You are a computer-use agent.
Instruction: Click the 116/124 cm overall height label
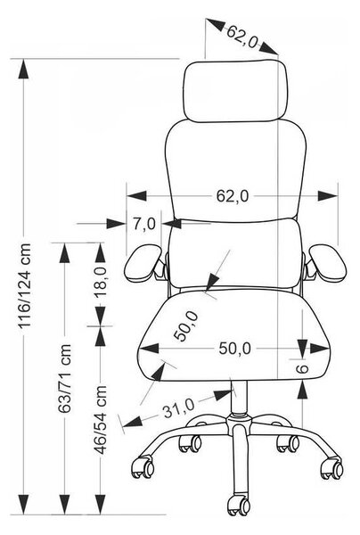[25, 285]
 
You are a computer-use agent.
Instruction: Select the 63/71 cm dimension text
[64, 378]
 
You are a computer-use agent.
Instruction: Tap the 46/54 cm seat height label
[100, 419]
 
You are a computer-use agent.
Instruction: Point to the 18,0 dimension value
[101, 283]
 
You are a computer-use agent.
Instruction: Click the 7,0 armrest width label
[144, 224]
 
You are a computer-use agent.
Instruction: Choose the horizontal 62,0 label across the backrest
[233, 196]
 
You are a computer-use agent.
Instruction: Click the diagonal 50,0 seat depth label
[186, 326]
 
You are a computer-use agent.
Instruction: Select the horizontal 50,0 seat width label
[235, 349]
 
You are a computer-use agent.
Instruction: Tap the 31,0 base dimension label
[178, 407]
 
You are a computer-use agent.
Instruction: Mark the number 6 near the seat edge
[302, 369]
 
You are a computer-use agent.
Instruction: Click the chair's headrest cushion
[237, 90]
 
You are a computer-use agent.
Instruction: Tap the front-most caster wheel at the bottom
[239, 505]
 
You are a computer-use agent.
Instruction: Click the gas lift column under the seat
[239, 397]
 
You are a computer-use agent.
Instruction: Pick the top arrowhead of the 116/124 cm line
[23, 70]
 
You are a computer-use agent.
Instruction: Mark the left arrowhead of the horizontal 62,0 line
[136, 196]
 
